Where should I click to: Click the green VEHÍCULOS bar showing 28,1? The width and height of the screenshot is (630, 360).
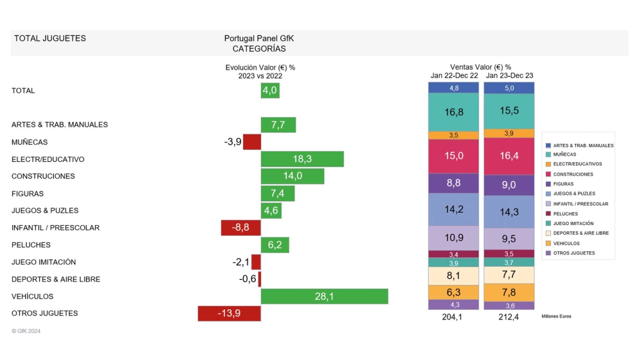tap(324, 296)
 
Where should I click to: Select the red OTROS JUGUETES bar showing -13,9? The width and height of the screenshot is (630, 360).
tap(229, 313)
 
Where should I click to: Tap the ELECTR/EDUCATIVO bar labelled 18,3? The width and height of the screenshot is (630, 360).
tap(302, 159)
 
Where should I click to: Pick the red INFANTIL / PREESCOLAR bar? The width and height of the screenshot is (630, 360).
tap(240, 228)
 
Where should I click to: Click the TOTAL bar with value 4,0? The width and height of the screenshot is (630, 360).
tap(270, 91)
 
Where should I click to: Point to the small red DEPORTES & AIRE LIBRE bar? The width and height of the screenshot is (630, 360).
tap(259, 279)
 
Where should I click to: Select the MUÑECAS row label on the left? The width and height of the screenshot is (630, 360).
tap(30, 142)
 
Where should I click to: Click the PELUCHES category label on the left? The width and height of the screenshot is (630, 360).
tap(31, 245)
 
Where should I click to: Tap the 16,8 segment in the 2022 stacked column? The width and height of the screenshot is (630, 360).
tap(454, 112)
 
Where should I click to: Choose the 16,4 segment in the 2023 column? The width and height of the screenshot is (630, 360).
tap(509, 156)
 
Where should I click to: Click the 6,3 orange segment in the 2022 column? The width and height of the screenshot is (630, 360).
tap(454, 292)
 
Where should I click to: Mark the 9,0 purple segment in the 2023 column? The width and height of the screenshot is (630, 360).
tap(509, 185)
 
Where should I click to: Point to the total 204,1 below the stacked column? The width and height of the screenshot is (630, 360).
tap(454, 316)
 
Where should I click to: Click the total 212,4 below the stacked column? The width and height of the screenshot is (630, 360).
tap(509, 316)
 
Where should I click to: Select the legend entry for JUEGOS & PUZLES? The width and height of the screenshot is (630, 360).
tap(574, 194)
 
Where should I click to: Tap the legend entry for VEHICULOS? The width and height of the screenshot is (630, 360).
tap(571, 243)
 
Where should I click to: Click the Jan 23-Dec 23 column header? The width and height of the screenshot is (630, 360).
tap(509, 75)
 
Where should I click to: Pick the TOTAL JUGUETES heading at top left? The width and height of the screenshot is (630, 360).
tap(50, 39)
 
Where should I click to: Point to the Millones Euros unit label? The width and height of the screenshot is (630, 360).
tap(556, 316)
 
